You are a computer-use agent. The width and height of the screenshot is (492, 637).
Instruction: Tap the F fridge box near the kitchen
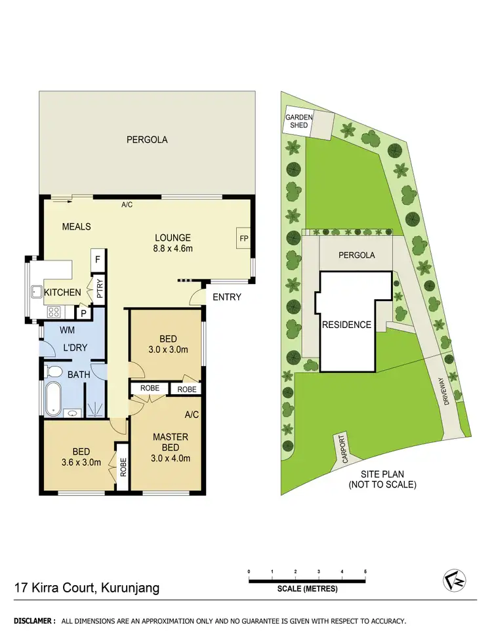(x=97, y=258)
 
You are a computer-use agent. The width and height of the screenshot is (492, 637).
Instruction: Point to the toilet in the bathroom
(x=55, y=372)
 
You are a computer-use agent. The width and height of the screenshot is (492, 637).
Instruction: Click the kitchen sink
(x=35, y=292)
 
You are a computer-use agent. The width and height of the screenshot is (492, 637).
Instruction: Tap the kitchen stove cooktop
(x=53, y=312)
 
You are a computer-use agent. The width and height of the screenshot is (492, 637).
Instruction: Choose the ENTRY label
(x=227, y=297)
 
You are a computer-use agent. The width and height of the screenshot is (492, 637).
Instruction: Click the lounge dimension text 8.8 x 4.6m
(x=173, y=249)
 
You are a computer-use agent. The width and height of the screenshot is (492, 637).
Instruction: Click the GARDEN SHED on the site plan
(x=299, y=121)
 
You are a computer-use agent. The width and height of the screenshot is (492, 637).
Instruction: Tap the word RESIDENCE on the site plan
(x=346, y=325)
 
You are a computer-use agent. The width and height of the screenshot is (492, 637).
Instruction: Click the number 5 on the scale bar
(x=365, y=572)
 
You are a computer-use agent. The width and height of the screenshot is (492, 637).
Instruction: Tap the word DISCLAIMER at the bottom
(x=33, y=621)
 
